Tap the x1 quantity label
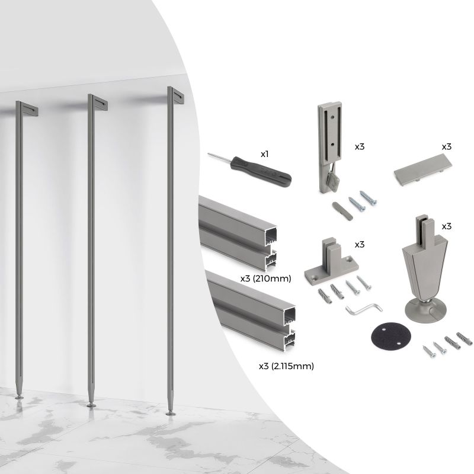pyautogui.click(x=265, y=154)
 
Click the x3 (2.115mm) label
pyautogui.click(x=286, y=366)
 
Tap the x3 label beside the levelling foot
pyautogui.click(x=447, y=226)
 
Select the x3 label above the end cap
pyautogui.click(x=447, y=146)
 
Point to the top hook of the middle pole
pyautogui.click(x=98, y=103)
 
